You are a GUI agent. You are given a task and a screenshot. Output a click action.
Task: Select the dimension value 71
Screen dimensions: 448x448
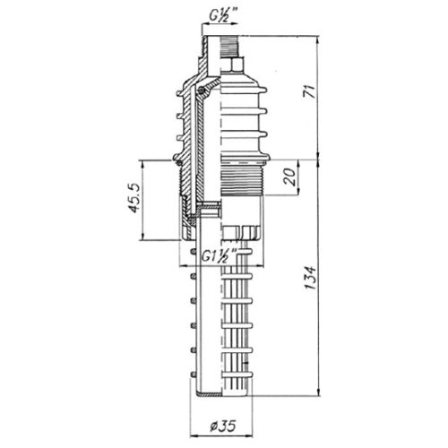tap(309, 91)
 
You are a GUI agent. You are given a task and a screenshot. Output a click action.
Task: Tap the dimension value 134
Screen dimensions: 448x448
tap(310, 278)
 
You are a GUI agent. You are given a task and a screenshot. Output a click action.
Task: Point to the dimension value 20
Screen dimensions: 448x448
tap(290, 177)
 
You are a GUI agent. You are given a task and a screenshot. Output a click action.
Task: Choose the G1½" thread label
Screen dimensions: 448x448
tap(219, 255)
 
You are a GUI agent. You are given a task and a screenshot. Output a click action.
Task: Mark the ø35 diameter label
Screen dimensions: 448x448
tap(223, 426)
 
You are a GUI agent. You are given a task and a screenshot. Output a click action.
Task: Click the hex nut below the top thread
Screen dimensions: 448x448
tap(232, 65)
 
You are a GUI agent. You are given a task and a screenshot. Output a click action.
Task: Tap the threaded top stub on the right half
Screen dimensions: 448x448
tap(230, 47)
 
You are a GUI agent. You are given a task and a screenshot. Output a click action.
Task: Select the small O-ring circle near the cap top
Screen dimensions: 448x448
tap(202, 90)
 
